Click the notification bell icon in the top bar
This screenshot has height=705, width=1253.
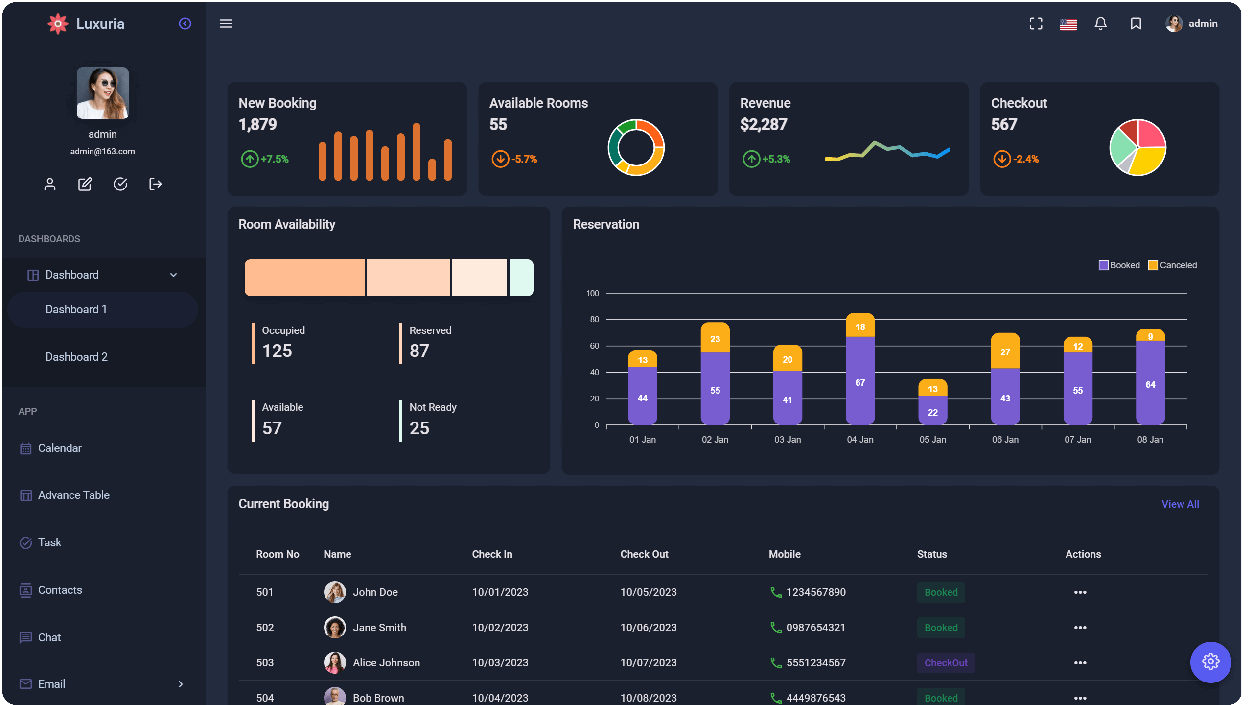pos(1100,23)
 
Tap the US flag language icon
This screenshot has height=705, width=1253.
pos(1068,24)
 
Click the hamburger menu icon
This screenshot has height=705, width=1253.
pos(226,23)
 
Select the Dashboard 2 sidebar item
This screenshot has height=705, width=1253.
pos(76,357)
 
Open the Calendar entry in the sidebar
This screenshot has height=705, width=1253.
pos(59,448)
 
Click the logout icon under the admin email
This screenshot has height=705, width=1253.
pos(155,184)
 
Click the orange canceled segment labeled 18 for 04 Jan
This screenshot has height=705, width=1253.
pos(860,326)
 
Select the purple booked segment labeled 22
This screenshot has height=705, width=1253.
pos(932,411)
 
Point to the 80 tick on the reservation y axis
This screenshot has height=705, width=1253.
pos(594,319)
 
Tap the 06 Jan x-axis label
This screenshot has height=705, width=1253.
pos(1005,440)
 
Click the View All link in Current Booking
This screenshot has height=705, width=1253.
pos(1180,504)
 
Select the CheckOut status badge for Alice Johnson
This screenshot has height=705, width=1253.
pos(946,663)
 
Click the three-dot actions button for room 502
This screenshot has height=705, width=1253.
pos(1080,628)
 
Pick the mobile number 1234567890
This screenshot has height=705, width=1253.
pos(815,592)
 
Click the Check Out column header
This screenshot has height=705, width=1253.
pos(644,554)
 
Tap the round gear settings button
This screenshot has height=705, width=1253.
pos(1210,662)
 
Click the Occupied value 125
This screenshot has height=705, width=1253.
pos(277,351)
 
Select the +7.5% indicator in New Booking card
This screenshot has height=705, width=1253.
pos(274,159)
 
